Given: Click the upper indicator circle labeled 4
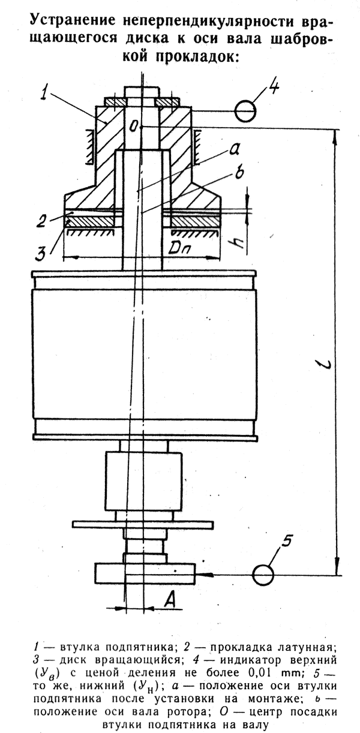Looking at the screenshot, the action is [245, 112].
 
